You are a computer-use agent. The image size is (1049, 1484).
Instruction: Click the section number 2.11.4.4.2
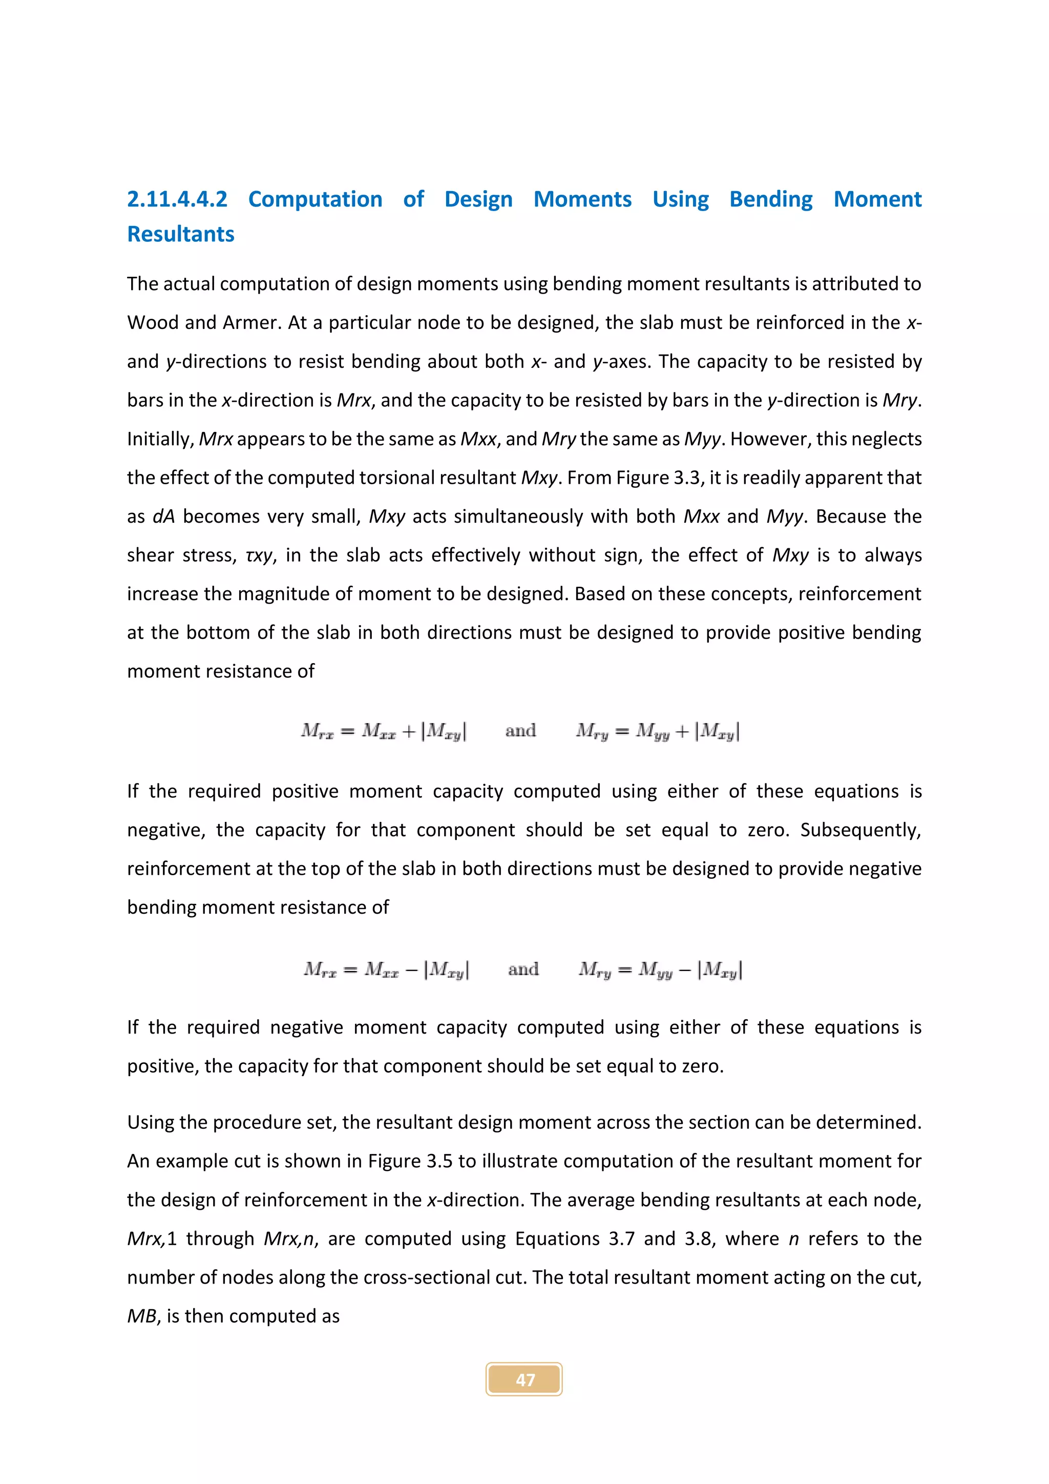(177, 199)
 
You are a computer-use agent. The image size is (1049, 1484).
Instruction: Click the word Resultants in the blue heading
(180, 234)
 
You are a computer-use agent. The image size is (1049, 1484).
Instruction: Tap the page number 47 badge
(524, 1379)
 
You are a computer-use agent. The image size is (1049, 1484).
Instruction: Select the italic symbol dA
(163, 517)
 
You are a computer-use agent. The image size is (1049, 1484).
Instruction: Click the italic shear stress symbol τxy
(260, 555)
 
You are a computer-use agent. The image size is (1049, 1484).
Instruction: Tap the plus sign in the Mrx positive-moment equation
(408, 731)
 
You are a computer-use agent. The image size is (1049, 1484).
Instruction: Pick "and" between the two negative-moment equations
(522, 970)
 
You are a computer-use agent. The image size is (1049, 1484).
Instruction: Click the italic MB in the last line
(141, 1316)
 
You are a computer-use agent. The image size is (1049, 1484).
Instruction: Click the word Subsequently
(860, 830)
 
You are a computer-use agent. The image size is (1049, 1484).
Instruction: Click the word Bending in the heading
(770, 199)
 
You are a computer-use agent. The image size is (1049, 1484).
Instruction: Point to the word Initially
(160, 439)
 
